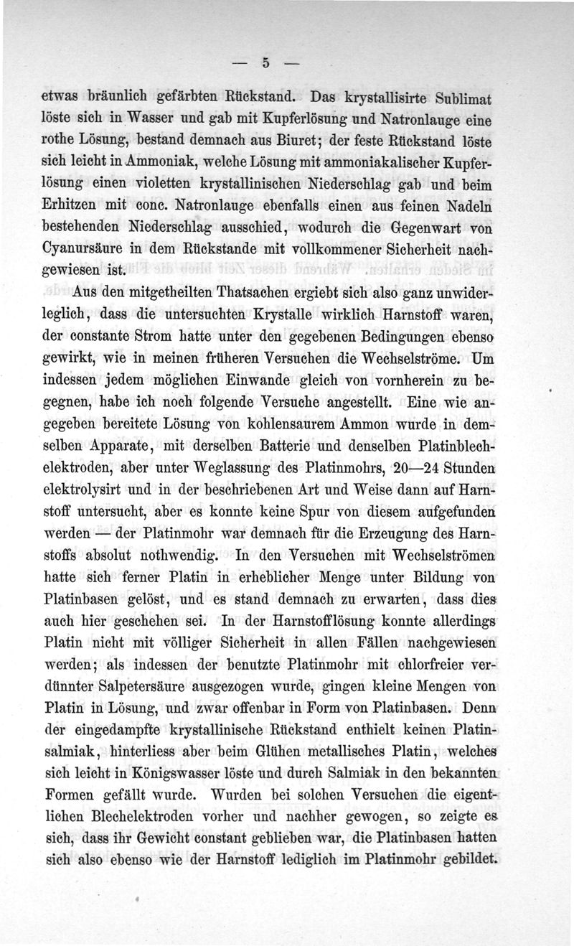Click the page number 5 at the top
[265, 63]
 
